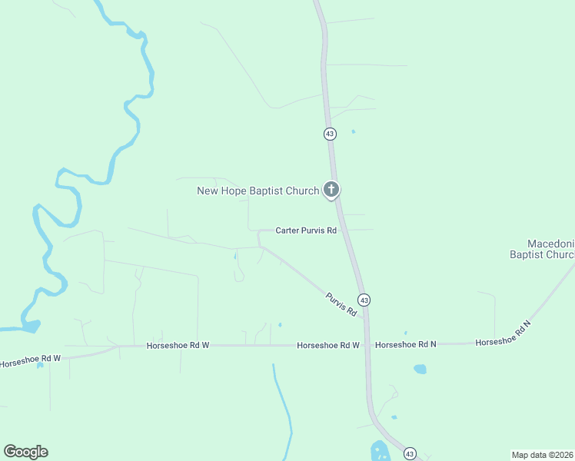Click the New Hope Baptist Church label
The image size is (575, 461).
tap(258, 191)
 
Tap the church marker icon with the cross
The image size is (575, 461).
tap(331, 189)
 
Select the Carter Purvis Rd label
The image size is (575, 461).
tap(306, 230)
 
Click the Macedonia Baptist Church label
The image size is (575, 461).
tap(541, 248)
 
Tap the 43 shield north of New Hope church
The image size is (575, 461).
tap(330, 134)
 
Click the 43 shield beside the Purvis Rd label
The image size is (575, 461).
tap(364, 300)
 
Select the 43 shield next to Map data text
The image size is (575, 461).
tap(410, 453)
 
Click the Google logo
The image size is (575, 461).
tap(25, 452)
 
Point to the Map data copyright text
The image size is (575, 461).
tap(542, 454)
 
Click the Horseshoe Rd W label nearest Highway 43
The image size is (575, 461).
tap(328, 346)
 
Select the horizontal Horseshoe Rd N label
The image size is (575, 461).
tap(405, 345)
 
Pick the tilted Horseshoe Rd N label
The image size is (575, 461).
tap(503, 334)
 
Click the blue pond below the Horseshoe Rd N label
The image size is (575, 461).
tap(420, 369)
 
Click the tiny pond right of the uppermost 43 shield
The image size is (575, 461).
tap(353, 131)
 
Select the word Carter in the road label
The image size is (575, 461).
tap(288, 230)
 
